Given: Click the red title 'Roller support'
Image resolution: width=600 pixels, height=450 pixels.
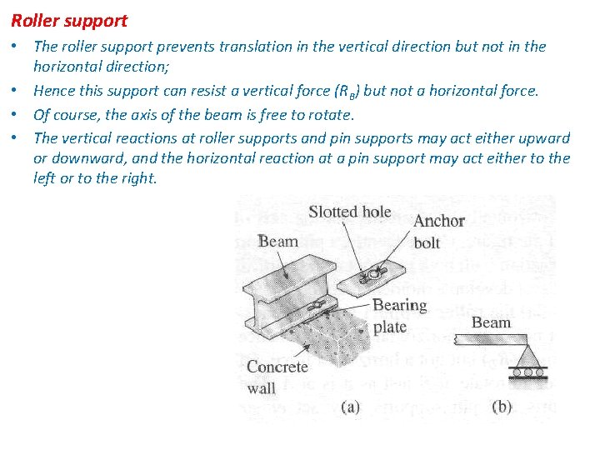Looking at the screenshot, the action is click(x=69, y=20).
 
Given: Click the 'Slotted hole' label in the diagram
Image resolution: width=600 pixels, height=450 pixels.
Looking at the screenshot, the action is click(x=349, y=212).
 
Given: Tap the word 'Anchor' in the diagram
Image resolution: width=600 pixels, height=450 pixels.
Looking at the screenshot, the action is click(x=439, y=221).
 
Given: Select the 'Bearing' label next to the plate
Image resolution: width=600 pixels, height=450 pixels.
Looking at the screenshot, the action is click(x=400, y=306).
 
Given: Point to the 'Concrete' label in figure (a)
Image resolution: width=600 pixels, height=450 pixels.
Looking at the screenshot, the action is click(x=277, y=367).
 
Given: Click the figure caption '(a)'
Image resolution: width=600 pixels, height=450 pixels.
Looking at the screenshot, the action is click(x=349, y=407).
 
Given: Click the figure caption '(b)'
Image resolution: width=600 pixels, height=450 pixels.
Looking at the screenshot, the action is click(x=502, y=407).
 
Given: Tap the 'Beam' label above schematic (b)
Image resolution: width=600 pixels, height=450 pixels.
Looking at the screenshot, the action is click(x=491, y=322).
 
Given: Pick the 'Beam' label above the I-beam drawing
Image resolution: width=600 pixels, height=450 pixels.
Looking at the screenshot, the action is click(x=277, y=242).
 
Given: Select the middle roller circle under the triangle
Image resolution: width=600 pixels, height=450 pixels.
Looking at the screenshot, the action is click(x=527, y=372).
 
